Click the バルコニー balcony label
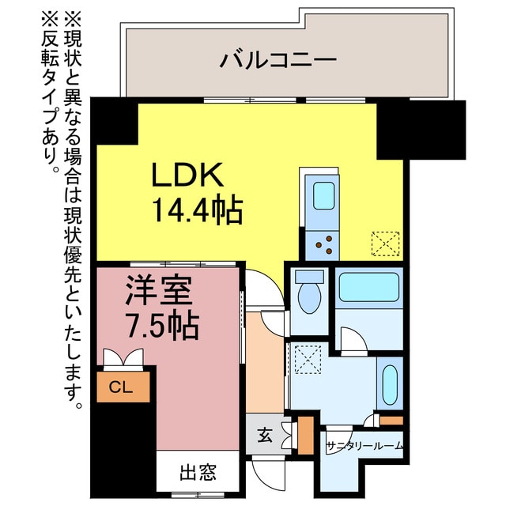click(278, 59)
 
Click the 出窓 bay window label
click(198, 473)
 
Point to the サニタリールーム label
click(364, 446)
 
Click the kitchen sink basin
click(324, 194)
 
